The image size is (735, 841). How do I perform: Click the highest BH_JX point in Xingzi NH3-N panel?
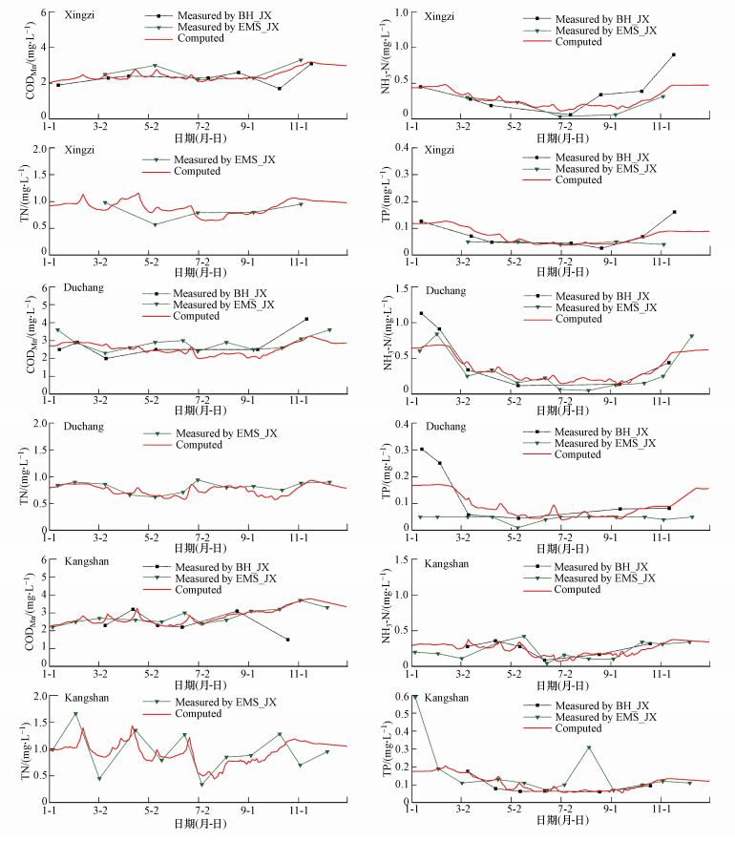point(674,54)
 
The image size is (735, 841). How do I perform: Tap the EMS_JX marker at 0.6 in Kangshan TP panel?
point(414,697)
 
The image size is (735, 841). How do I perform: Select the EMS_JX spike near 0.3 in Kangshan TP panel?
point(589,747)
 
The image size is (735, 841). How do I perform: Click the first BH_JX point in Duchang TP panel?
point(422,450)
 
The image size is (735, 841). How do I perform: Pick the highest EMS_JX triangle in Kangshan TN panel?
point(75,714)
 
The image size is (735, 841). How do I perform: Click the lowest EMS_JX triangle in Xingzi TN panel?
point(156,224)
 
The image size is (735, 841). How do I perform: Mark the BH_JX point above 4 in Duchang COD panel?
point(306,319)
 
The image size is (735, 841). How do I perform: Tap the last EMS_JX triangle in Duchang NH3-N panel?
point(691,336)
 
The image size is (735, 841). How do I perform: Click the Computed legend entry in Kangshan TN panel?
point(199,714)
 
